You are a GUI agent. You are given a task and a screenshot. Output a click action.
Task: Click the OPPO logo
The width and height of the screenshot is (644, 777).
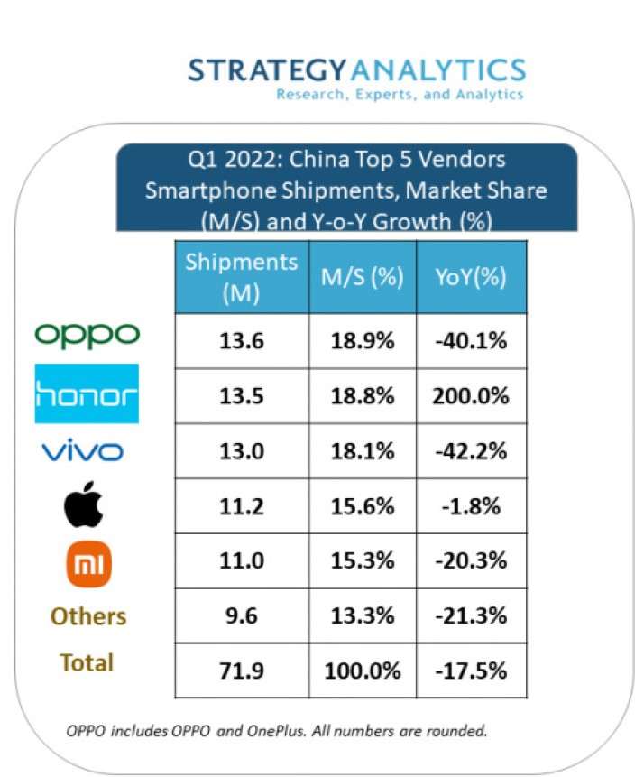click(x=87, y=336)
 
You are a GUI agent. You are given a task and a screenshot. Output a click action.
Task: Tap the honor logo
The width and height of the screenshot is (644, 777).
click(x=87, y=394)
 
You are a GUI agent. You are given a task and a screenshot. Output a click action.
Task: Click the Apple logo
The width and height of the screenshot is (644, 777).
click(x=86, y=506)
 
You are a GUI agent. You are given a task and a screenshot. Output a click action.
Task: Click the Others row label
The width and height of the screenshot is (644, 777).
click(x=88, y=616)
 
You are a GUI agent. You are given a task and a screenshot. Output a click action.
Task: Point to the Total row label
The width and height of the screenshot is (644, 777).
click(x=87, y=663)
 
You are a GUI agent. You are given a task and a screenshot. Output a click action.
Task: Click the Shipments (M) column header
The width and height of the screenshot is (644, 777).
click(x=240, y=277)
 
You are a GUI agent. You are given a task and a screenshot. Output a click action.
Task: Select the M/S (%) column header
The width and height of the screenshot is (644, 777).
click(x=362, y=278)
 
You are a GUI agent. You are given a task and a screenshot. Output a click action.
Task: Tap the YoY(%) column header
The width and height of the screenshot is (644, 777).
click(x=471, y=278)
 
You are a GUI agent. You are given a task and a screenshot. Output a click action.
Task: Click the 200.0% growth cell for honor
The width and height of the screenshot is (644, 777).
click(x=471, y=395)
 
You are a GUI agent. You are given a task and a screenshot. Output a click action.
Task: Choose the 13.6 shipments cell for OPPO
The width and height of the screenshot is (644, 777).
click(x=240, y=341)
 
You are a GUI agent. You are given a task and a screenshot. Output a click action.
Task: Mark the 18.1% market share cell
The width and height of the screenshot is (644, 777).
click(x=362, y=451)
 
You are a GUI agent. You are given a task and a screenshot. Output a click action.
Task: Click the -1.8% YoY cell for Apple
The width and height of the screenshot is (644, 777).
click(x=471, y=506)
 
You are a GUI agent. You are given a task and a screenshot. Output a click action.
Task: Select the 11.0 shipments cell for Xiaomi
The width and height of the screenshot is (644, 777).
click(x=240, y=561)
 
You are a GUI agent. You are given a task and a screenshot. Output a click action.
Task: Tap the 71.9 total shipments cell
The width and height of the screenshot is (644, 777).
click(x=240, y=671)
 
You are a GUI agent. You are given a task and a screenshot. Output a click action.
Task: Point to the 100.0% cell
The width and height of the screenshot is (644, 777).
click(x=362, y=671)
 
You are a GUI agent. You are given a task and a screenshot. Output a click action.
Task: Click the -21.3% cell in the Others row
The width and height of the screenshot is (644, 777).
click(x=471, y=616)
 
